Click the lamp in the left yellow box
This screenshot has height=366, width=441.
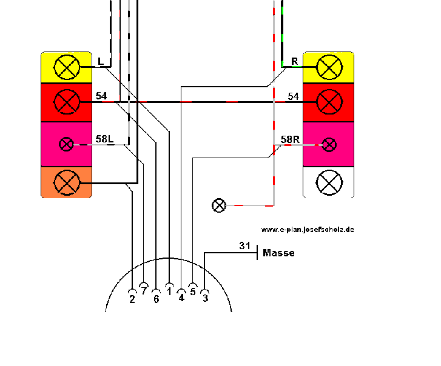coord(67,67)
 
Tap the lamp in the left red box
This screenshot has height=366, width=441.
coord(67,102)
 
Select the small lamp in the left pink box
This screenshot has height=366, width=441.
coord(67,144)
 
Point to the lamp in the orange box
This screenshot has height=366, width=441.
coord(67,182)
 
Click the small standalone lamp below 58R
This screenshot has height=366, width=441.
coord(219,205)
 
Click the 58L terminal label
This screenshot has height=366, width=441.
coord(104,139)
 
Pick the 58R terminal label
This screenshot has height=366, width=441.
coord(290,139)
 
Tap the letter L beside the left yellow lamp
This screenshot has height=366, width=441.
coord(101,61)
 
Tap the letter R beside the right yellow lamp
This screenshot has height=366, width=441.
coord(294,61)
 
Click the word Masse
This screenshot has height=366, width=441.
coord(279,253)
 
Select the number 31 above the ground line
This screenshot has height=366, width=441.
coord(244,245)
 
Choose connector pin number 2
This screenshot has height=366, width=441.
coord(132,298)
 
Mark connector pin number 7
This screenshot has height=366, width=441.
coord(144,291)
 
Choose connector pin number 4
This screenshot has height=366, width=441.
coord(181,297)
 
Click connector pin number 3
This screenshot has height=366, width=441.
coord(205,298)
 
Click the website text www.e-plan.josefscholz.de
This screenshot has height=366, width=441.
coord(308,230)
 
